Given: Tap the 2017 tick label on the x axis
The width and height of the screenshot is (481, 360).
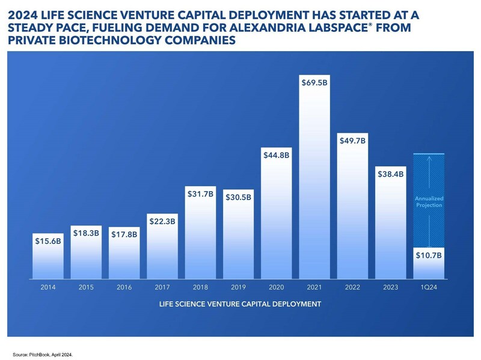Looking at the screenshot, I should click(x=162, y=288).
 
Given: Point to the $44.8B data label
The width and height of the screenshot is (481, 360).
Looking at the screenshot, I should click(x=277, y=154).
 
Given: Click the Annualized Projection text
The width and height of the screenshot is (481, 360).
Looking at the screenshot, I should click(x=430, y=201).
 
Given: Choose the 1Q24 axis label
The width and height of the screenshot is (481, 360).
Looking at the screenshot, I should click(x=429, y=288).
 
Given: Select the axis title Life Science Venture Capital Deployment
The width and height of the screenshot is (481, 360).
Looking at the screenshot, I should click(x=239, y=304).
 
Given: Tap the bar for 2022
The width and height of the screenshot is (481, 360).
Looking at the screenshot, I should click(x=353, y=210).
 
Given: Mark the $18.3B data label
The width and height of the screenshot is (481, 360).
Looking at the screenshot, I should click(x=86, y=231).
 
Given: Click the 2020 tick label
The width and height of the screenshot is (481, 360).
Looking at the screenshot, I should click(x=277, y=288).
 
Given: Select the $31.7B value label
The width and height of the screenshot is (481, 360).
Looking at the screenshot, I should click(x=200, y=194).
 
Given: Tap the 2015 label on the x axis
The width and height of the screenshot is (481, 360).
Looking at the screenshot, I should click(x=86, y=288).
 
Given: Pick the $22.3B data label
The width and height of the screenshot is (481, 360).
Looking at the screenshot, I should click(x=162, y=221).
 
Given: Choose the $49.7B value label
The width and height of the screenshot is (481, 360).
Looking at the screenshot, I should click(x=353, y=141).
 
